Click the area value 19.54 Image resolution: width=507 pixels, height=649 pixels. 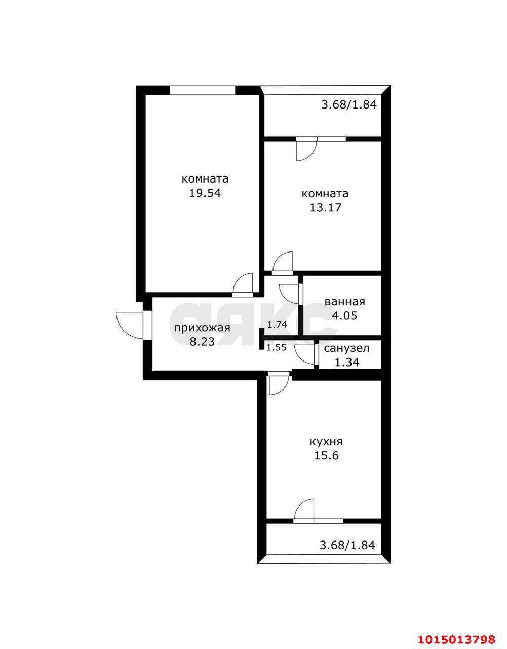[x=205, y=193]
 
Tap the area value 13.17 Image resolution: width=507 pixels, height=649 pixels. [x=325, y=207]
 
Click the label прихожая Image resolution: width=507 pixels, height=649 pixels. [x=202, y=328]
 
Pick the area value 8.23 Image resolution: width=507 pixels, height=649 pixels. [x=202, y=341]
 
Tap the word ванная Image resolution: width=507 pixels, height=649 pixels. [x=345, y=302]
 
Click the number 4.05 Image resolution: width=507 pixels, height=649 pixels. [x=344, y=316]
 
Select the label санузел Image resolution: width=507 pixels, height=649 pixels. [x=346, y=348]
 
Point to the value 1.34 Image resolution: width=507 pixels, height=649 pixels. [x=347, y=363]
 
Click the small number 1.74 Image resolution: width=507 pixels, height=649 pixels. [x=277, y=324]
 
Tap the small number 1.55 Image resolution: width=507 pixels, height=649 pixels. [x=277, y=347]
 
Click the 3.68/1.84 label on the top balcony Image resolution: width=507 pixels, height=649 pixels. [x=349, y=104]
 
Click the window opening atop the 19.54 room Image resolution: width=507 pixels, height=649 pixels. [x=203, y=90]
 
